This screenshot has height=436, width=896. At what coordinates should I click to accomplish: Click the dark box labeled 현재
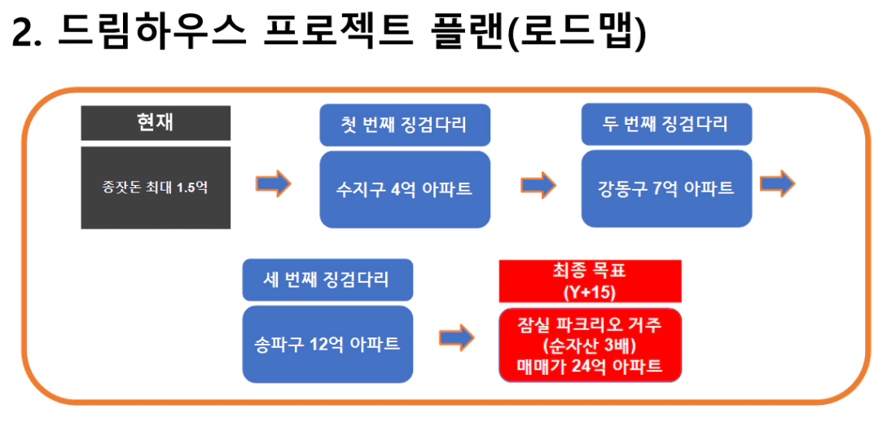pyautogui.click(x=156, y=123)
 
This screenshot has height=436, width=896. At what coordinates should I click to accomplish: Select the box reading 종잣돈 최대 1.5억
pyautogui.click(x=156, y=187)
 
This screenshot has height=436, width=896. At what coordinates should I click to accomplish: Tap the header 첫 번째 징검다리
pyautogui.click(x=405, y=126)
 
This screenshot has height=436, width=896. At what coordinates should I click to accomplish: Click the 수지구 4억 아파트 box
pyautogui.click(x=405, y=190)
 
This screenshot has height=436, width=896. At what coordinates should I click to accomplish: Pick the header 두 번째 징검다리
pyautogui.click(x=666, y=125)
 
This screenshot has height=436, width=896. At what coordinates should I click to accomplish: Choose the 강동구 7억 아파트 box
pyautogui.click(x=666, y=188)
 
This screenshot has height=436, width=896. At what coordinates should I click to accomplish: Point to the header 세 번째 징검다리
pyautogui.click(x=327, y=280)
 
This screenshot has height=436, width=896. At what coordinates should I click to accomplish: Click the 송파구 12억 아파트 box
pyautogui.click(x=327, y=344)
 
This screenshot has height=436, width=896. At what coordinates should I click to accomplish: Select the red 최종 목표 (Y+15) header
pyautogui.click(x=591, y=281)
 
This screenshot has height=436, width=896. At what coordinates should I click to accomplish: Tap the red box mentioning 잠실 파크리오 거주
pyautogui.click(x=591, y=346)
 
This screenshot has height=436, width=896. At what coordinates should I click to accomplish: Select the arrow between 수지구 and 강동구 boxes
pyautogui.click(x=538, y=184)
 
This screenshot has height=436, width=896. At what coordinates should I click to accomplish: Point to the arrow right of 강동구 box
pyautogui.click(x=777, y=183)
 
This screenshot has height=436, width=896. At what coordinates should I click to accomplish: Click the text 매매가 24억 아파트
pyautogui.click(x=591, y=366)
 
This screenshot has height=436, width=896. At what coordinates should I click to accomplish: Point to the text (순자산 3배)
pyautogui.click(x=591, y=346)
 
